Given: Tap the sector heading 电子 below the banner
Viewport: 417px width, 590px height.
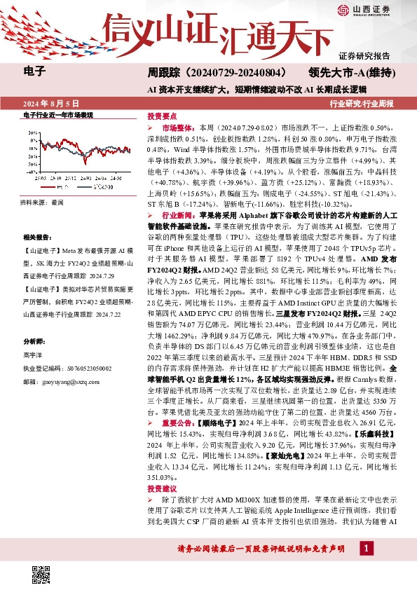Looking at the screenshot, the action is coord(34,71).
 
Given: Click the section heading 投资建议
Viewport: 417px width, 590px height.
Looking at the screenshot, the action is coord(162,488).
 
